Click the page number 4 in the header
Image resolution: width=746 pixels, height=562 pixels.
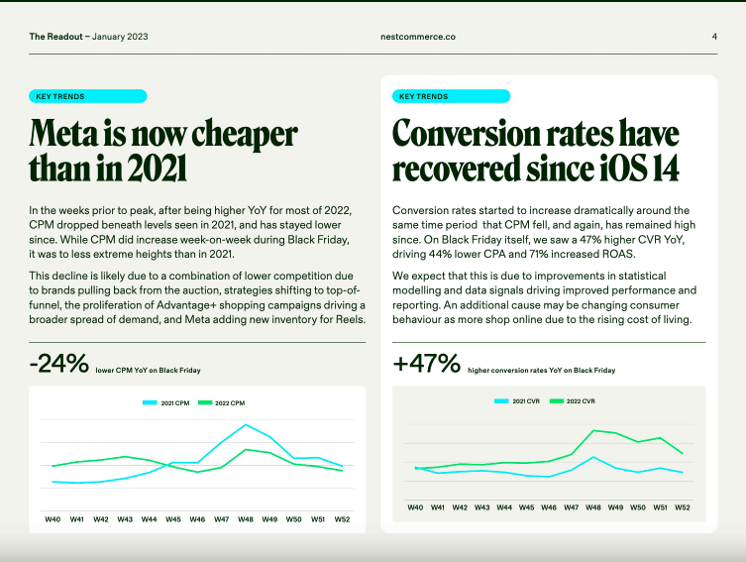click(714, 37)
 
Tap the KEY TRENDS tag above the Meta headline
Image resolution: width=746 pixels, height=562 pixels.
click(88, 96)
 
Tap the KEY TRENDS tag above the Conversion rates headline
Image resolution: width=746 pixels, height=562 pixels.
click(452, 96)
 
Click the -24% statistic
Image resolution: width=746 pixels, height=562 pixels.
click(58, 365)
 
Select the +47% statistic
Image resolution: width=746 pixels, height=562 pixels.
click(426, 365)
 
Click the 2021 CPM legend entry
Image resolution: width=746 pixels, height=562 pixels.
click(166, 403)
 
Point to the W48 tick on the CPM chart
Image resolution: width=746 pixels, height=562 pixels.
click(245, 518)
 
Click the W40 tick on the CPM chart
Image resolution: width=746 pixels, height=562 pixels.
click(53, 518)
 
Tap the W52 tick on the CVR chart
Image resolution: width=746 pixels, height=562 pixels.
click(682, 506)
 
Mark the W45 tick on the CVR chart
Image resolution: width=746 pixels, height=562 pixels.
click(526, 506)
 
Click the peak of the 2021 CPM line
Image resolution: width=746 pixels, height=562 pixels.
click(245, 425)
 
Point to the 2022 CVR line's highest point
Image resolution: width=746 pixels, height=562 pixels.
click(594, 430)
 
